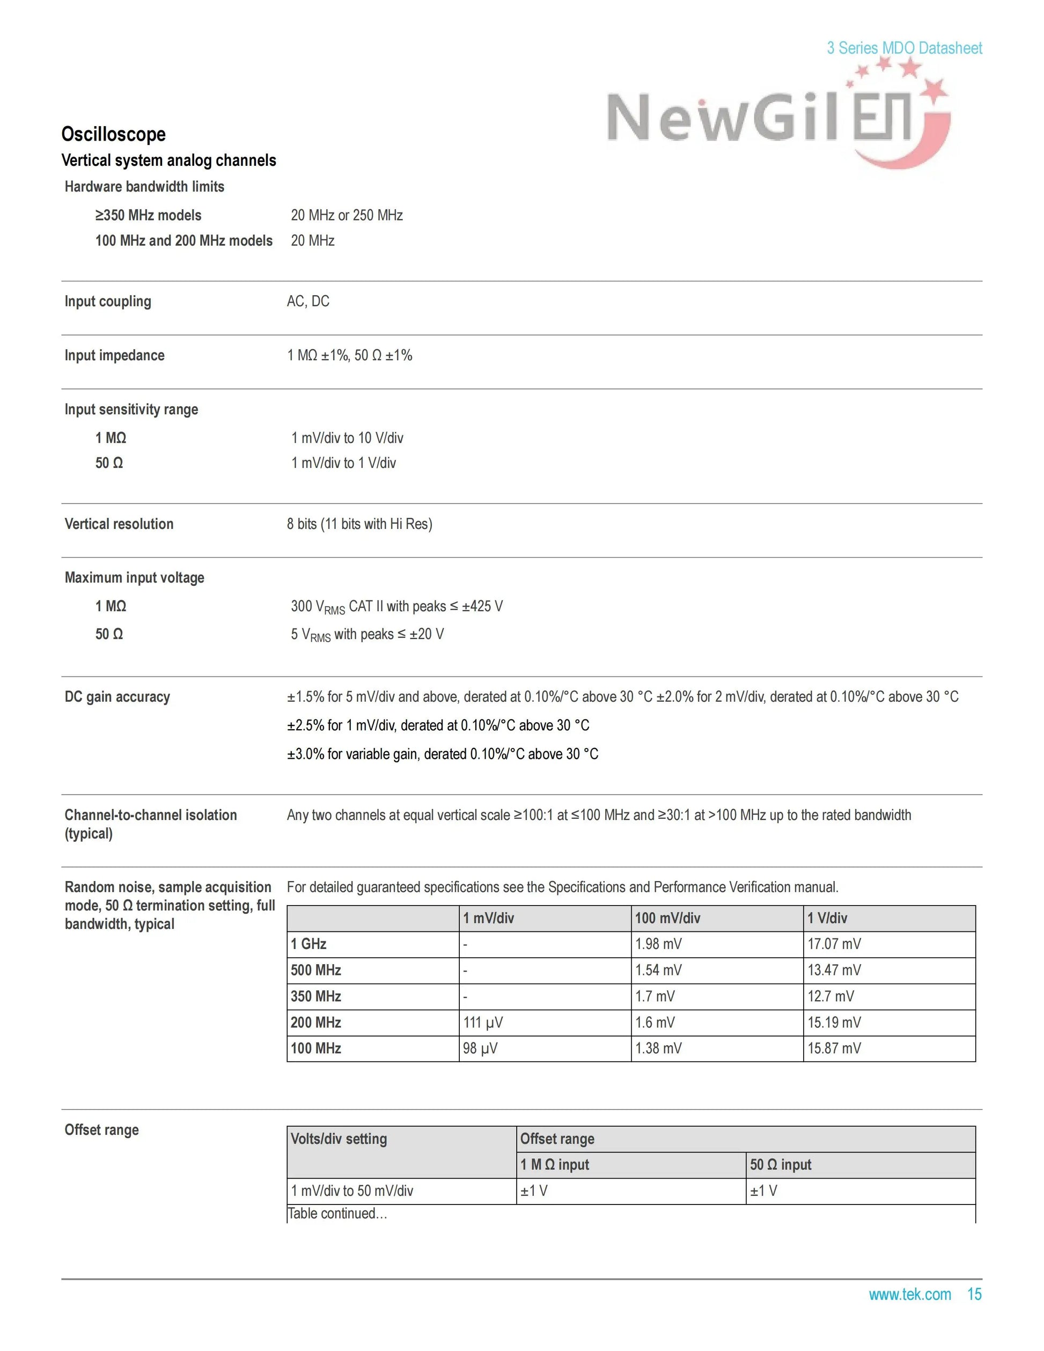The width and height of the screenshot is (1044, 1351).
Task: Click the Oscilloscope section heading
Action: point(113,134)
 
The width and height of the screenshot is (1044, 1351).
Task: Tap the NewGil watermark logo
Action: point(776,118)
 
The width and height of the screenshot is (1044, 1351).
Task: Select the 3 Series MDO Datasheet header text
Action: point(903,48)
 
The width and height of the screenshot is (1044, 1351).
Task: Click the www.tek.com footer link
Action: point(909,1294)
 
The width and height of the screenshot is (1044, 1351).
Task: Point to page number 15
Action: point(974,1294)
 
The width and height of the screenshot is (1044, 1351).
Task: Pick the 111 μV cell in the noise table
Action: point(483,1023)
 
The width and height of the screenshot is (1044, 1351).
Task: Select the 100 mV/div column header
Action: point(667,918)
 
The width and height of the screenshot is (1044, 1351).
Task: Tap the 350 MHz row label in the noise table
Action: point(316,996)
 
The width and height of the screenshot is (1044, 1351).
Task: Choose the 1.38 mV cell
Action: point(658,1048)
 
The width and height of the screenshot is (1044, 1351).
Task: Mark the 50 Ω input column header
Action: point(781,1165)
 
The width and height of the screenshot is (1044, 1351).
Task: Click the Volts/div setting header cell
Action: point(339,1139)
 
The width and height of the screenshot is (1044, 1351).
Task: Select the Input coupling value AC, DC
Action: point(308,301)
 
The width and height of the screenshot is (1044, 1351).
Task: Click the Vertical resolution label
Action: point(119,524)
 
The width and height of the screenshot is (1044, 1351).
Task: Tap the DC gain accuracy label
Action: point(117,696)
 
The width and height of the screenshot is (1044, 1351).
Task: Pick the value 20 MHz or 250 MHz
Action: point(347,215)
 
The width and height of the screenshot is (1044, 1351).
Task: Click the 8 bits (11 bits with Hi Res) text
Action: point(359,524)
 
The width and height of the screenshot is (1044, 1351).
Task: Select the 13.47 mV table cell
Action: point(834,970)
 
